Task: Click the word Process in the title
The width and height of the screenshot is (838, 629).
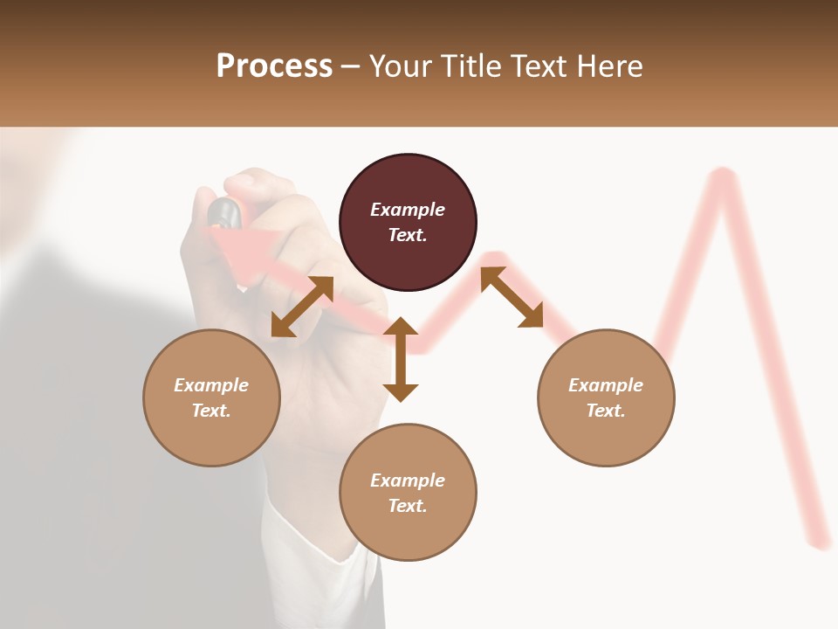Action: (x=274, y=66)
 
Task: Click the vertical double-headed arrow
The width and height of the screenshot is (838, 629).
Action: (x=401, y=359)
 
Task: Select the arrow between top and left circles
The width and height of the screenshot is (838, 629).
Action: (x=302, y=307)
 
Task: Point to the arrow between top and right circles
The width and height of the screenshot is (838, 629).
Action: (x=512, y=298)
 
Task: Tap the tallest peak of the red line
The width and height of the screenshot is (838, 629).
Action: (x=722, y=177)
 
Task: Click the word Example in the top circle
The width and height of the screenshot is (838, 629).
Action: (x=408, y=210)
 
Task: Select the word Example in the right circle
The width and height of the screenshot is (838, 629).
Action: (x=606, y=385)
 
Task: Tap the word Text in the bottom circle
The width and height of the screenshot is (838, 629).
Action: (x=408, y=506)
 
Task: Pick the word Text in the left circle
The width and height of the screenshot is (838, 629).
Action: (x=211, y=411)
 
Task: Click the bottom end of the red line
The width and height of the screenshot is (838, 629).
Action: (x=821, y=543)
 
